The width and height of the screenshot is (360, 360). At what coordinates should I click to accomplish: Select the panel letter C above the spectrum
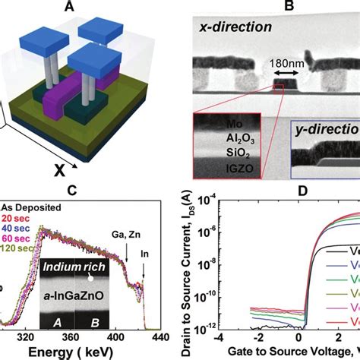90,191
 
